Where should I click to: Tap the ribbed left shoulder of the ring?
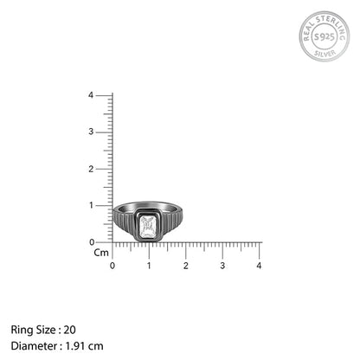coord(125,222)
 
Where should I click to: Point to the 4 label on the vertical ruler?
coord(91,95)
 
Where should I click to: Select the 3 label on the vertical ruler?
coord(91,132)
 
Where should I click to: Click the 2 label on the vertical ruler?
coord(91,169)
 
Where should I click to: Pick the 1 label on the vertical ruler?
coord(92,205)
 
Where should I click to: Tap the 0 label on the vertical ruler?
coord(92,242)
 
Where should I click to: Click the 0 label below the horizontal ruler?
coord(112,266)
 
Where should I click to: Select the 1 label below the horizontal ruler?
coord(149,266)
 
